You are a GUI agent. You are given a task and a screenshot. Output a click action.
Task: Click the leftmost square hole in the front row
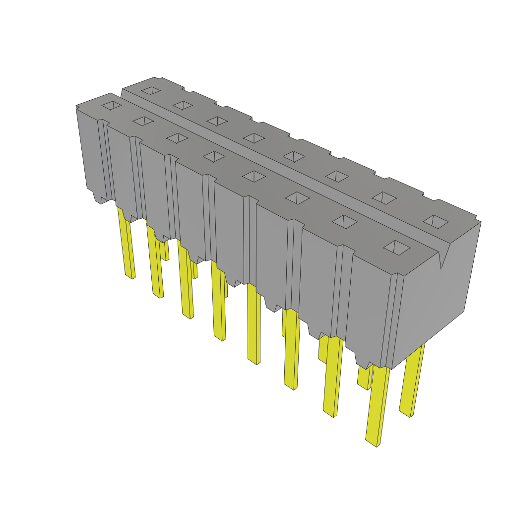(x=112, y=105)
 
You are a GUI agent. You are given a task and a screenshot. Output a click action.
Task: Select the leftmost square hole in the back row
(x=151, y=91)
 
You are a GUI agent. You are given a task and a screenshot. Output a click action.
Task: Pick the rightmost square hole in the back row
(x=436, y=221)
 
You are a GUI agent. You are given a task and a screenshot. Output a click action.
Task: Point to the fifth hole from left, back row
(x=294, y=156)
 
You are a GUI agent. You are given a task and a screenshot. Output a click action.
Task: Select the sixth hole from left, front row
(x=298, y=198)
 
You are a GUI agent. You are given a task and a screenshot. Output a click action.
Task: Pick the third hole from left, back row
(x=216, y=121)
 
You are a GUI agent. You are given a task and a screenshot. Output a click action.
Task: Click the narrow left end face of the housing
(x=89, y=149)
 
